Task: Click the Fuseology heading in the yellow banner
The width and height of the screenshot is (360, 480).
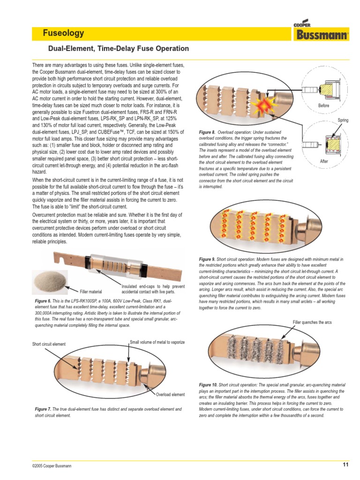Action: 64,33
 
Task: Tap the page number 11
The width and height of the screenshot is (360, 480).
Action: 345,465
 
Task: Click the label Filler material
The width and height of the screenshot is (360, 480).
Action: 91,292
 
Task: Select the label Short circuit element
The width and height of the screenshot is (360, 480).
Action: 49,345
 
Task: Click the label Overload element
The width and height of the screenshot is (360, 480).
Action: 171,395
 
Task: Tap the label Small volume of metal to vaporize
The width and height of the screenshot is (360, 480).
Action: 157,342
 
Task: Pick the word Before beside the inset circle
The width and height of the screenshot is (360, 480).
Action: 324,106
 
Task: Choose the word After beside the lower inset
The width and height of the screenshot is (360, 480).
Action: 324,161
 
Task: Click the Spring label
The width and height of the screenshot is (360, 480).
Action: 343,121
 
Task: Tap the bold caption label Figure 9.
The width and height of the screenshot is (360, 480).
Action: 207,259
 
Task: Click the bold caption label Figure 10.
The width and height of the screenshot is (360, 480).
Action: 208,384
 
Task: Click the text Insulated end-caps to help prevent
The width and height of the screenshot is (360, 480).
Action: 153,286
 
